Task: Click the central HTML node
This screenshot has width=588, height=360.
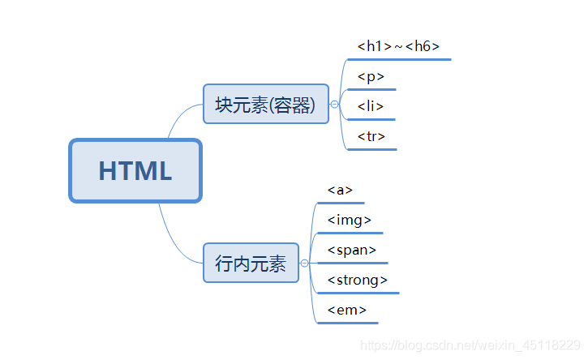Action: tap(135, 171)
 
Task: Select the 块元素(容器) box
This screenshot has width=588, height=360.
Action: tap(266, 104)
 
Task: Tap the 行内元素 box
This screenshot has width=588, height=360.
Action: tap(251, 263)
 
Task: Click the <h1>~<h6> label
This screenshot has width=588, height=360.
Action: tap(398, 46)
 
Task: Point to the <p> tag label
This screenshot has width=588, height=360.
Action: tap(371, 76)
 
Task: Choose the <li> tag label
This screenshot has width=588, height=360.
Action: tap(370, 106)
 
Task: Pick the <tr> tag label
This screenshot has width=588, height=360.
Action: tap(371, 136)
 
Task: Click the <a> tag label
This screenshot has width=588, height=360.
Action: tap(340, 190)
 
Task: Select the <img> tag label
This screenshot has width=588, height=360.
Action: tap(350, 220)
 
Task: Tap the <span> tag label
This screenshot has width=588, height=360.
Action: tap(352, 250)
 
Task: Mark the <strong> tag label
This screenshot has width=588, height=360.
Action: tap(358, 280)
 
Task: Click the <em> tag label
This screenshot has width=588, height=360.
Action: tap(347, 310)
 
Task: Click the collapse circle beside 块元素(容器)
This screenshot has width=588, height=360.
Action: tap(334, 105)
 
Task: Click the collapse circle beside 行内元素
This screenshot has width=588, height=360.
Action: tap(304, 264)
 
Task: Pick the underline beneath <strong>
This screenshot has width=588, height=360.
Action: tap(358, 293)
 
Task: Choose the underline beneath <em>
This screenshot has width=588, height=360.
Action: tap(347, 323)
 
